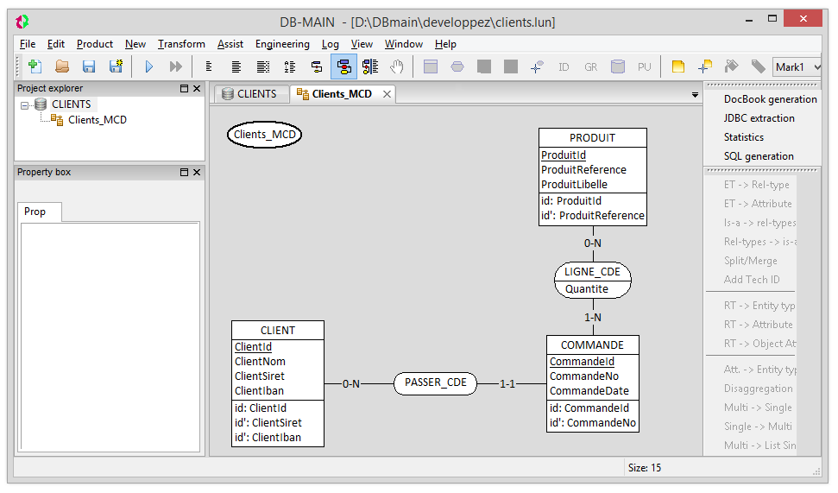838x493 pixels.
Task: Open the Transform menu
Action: click(181, 44)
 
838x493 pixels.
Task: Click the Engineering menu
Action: click(282, 44)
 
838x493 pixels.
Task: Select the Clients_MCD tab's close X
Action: click(387, 94)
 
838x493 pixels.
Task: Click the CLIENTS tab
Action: click(249, 94)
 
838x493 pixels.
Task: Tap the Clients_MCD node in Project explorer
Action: click(98, 120)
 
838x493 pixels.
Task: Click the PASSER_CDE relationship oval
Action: click(435, 383)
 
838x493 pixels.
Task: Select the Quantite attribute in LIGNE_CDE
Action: click(587, 289)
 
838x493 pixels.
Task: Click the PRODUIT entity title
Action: click(592, 138)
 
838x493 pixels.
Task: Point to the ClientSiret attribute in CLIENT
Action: click(260, 376)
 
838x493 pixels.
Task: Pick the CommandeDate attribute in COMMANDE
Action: click(589, 391)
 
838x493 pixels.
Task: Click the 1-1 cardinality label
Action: click(507, 384)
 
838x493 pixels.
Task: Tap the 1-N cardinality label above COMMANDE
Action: click(593, 317)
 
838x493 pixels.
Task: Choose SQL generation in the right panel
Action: click(759, 156)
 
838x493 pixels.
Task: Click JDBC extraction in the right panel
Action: click(759, 118)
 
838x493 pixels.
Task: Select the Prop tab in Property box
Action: click(35, 212)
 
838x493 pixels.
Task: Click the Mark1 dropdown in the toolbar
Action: click(797, 66)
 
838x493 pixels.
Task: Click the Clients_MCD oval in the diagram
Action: click(265, 134)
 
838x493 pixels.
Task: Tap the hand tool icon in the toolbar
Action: click(396, 66)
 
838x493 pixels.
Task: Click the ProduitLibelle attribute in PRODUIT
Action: click(574, 185)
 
